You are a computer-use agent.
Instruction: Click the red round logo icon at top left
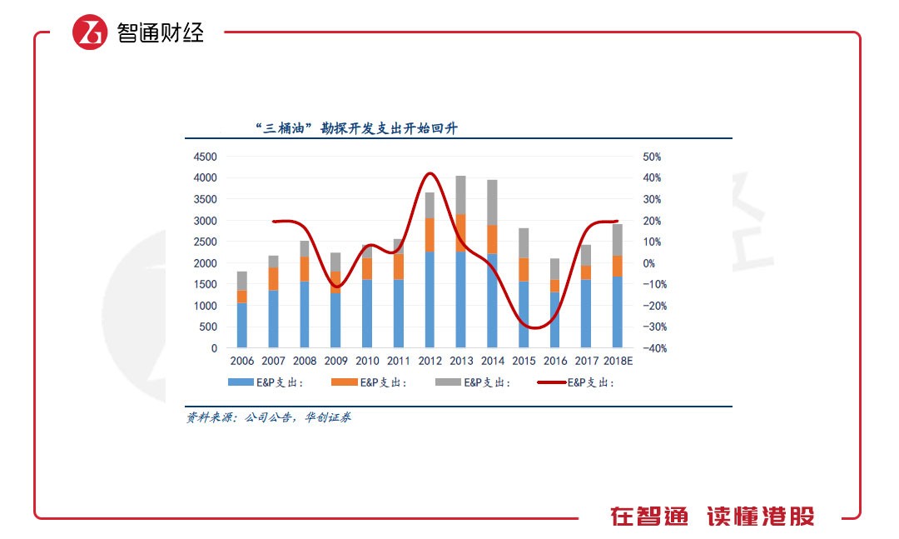pyautogui.click(x=90, y=32)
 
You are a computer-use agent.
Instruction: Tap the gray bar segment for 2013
pyautogui.click(x=461, y=195)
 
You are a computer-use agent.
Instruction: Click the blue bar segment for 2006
pyautogui.click(x=241, y=325)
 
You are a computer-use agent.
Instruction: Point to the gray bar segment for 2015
pyautogui.click(x=524, y=243)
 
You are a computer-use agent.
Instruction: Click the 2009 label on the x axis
pyautogui.click(x=335, y=361)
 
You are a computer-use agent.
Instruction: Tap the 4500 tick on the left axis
pyautogui.click(x=205, y=157)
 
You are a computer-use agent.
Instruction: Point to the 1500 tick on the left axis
pyautogui.click(x=205, y=284)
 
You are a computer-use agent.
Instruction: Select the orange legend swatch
pyautogui.click(x=342, y=382)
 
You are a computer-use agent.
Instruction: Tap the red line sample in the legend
pyautogui.click(x=551, y=382)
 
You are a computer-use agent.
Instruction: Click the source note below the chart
pyautogui.click(x=268, y=417)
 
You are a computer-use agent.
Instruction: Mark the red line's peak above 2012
pyautogui.click(x=430, y=174)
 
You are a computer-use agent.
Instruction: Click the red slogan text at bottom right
pyautogui.click(x=713, y=517)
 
